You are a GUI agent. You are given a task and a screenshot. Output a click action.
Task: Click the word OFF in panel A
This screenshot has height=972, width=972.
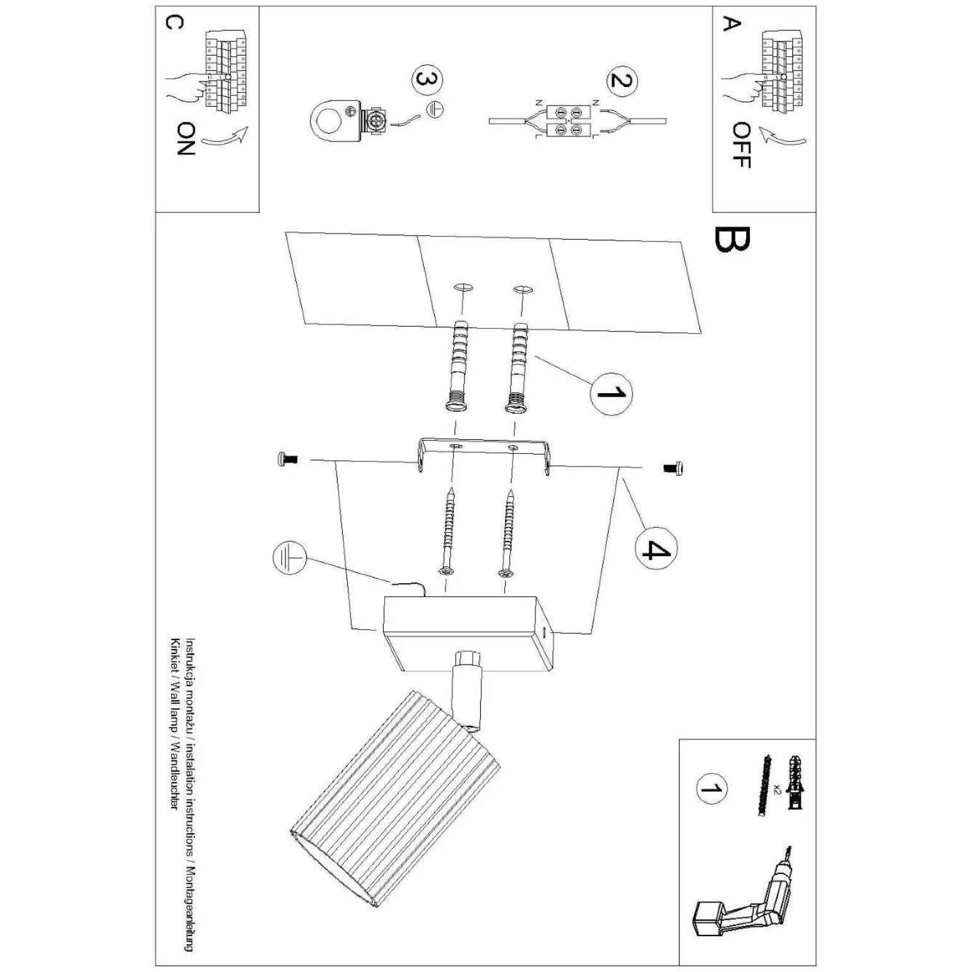pyautogui.click(x=741, y=145)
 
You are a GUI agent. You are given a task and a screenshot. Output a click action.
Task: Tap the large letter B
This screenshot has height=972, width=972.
pyautogui.click(x=732, y=240)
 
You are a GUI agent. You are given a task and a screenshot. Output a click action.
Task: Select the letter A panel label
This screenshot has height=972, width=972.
pyautogui.click(x=730, y=25)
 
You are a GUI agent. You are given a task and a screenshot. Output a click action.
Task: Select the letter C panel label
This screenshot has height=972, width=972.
pyautogui.click(x=174, y=22)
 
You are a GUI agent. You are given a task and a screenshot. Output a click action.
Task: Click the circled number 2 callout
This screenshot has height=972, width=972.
pyautogui.click(x=622, y=80)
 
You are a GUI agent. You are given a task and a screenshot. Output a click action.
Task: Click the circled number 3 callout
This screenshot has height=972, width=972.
pyautogui.click(x=427, y=81)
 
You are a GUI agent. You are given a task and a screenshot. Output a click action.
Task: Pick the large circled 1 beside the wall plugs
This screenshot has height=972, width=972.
pyautogui.click(x=611, y=393)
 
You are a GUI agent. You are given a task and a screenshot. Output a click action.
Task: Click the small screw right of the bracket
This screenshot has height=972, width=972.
pyautogui.click(x=675, y=468)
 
